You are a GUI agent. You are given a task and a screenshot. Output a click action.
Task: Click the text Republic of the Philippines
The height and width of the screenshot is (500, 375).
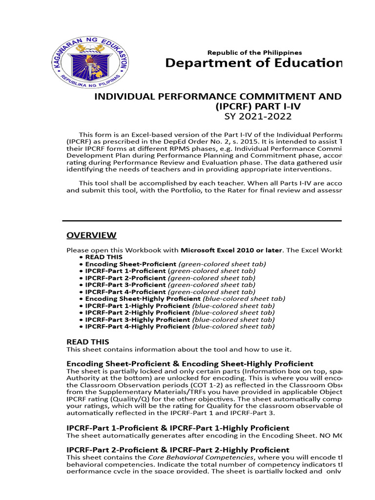[x=254, y=52]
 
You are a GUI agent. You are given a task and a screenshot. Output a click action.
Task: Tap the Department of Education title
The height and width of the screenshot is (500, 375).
[x=253, y=63]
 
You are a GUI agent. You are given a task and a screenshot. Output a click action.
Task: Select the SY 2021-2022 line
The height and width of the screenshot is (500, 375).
[x=258, y=116]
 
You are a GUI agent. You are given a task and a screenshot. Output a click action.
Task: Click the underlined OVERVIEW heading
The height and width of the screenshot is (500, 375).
[x=91, y=235]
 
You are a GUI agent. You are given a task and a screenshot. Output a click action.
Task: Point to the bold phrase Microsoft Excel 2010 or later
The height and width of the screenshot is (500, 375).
[x=231, y=250]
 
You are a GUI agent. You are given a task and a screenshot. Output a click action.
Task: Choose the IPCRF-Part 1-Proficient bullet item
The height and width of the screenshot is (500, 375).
[x=169, y=271]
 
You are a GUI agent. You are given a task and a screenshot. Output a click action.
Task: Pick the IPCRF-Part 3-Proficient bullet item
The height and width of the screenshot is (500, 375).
[x=169, y=285]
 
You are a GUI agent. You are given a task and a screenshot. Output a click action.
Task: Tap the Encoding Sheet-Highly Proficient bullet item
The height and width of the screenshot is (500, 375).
[x=185, y=298]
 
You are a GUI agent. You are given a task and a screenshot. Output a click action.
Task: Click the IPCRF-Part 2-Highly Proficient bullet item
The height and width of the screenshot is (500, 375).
[x=179, y=312]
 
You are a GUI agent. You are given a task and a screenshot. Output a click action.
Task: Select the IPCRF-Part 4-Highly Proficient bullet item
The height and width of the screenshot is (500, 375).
[x=179, y=326]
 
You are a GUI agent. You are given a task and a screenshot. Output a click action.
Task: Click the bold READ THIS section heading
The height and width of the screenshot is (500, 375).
[x=87, y=342]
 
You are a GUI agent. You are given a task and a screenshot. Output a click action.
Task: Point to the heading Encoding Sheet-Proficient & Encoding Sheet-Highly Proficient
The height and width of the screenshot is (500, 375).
[x=189, y=364]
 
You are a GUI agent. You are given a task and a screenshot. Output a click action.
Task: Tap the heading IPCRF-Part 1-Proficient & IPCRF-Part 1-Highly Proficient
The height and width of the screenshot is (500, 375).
[x=178, y=428]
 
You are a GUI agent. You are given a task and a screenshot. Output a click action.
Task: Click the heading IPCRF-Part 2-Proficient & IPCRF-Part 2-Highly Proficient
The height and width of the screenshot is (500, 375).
[x=178, y=449]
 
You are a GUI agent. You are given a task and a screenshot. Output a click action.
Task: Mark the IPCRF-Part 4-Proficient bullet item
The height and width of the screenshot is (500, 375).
[x=169, y=292]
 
